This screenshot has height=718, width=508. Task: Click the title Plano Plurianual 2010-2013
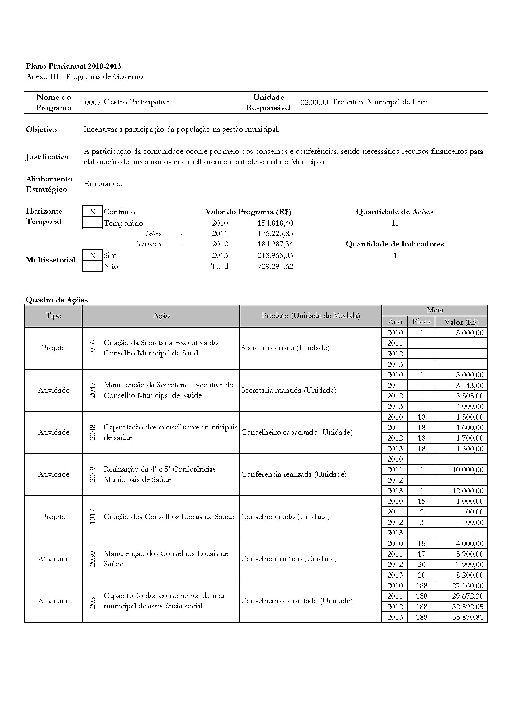tap(73, 66)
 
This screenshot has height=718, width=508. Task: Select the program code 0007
tap(93, 102)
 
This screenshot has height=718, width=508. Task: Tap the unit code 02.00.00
tap(314, 102)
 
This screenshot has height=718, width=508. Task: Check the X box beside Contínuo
tap(92, 212)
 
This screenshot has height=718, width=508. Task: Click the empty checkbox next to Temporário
tap(92, 223)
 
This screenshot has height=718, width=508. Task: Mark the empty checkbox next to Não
tap(92, 266)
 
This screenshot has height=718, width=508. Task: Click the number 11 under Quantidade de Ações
tap(395, 223)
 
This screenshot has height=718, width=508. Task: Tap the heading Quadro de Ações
tap(57, 300)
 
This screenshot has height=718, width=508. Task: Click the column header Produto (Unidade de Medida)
tap(310, 316)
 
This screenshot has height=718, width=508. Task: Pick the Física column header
tap(421, 322)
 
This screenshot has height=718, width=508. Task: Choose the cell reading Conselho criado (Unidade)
tap(285, 517)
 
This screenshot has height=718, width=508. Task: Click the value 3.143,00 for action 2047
tap(470, 385)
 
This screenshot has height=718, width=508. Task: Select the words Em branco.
tap(103, 184)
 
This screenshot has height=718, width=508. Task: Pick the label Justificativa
tap(47, 157)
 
